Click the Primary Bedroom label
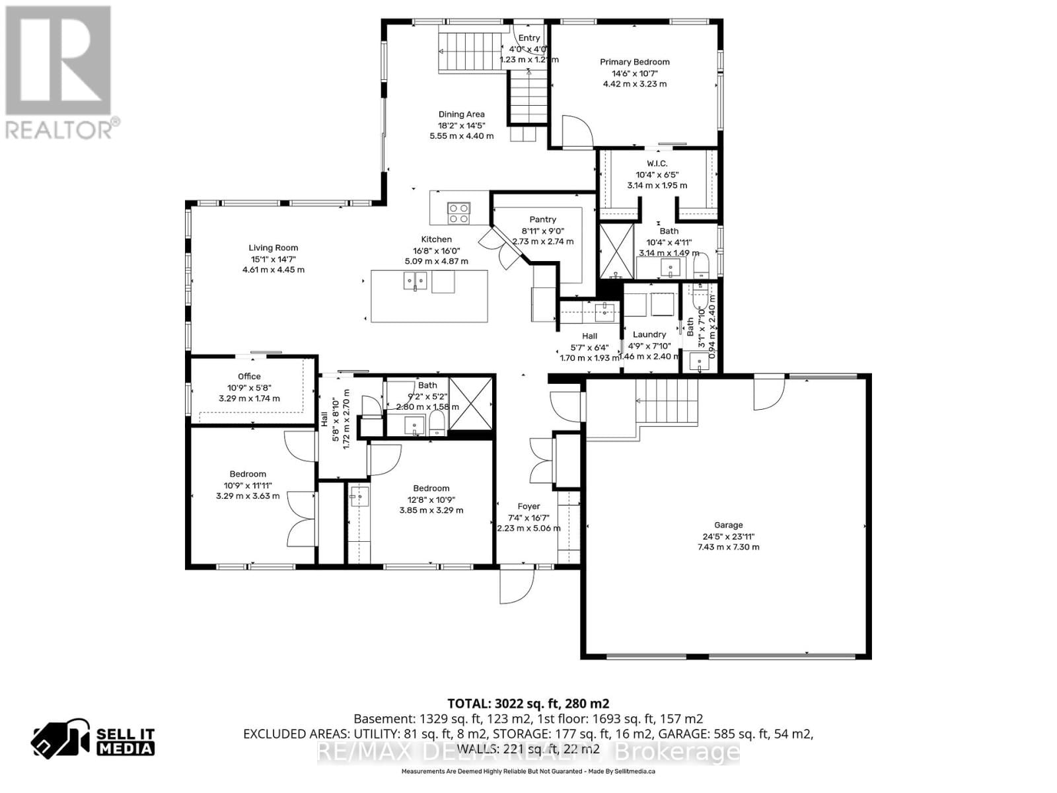click(x=634, y=62)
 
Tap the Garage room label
click(x=728, y=525)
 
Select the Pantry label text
click(x=542, y=219)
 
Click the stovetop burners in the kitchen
click(x=458, y=213)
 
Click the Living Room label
click(x=273, y=248)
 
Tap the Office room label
click(x=249, y=376)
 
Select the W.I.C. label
click(x=657, y=163)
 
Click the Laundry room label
click(x=649, y=334)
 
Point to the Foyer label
click(x=528, y=507)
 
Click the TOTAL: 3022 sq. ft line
click(x=528, y=703)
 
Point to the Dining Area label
click(x=461, y=114)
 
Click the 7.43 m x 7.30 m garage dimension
click(x=728, y=547)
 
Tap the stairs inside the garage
click(x=667, y=400)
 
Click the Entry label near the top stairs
click(x=528, y=38)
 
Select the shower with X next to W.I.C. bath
click(x=616, y=251)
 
